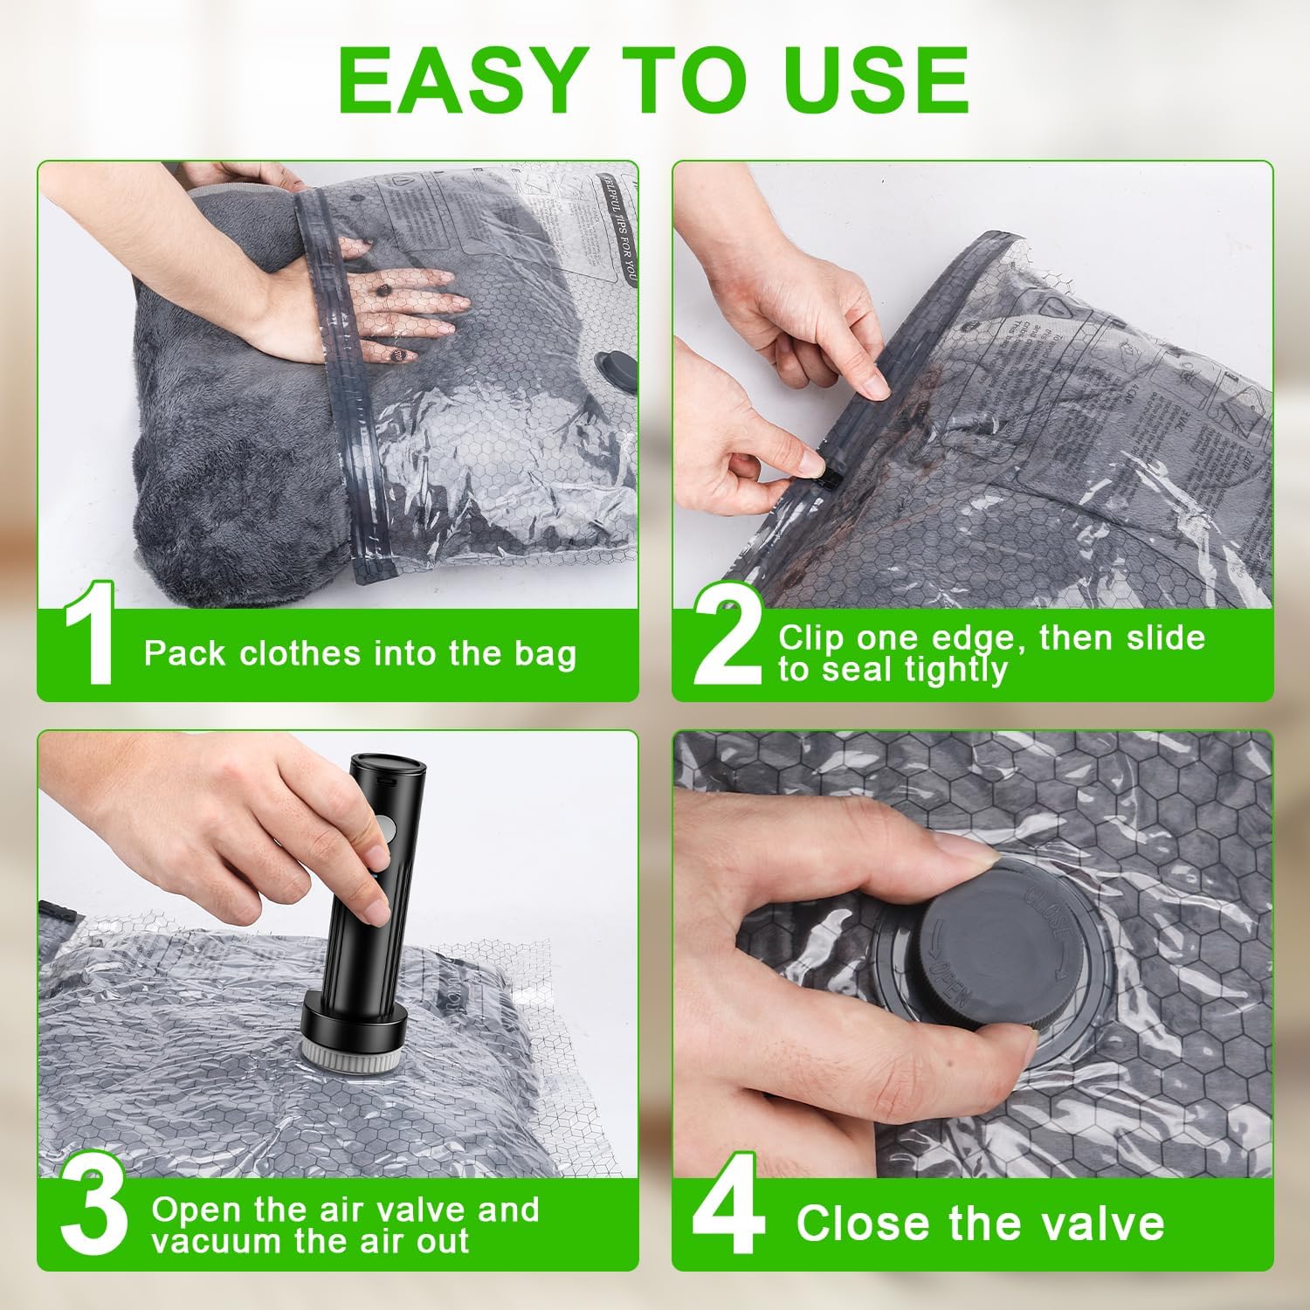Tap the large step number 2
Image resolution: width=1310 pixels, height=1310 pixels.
(x=727, y=635)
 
